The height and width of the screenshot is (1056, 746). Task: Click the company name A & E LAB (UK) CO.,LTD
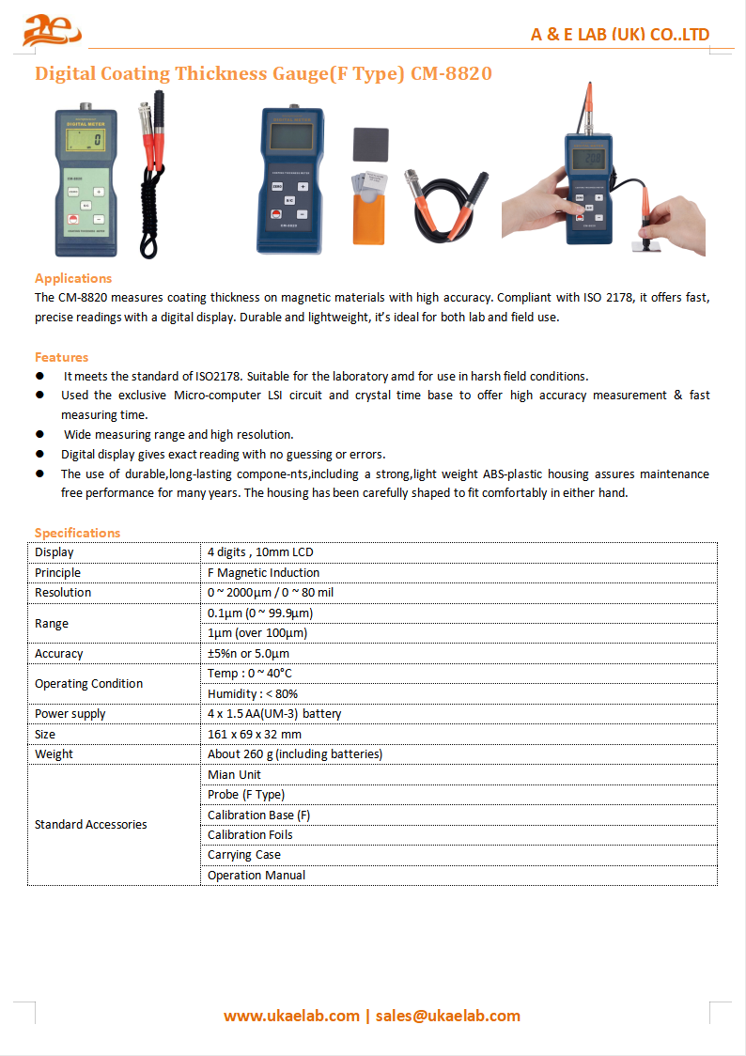click(620, 35)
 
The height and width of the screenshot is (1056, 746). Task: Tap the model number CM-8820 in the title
click(451, 73)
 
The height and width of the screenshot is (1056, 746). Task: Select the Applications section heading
click(73, 278)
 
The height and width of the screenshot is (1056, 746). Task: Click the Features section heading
click(62, 357)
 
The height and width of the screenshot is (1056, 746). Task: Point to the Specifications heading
click(78, 533)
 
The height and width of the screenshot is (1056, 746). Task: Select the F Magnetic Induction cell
click(264, 572)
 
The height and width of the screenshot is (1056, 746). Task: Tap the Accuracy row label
click(59, 653)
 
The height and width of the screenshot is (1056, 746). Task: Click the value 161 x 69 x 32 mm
click(255, 734)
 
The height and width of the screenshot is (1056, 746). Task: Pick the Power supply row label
click(70, 714)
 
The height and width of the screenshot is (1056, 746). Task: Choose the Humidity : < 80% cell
click(253, 693)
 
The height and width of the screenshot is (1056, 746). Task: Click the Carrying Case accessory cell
click(244, 855)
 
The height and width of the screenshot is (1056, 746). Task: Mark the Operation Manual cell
click(256, 875)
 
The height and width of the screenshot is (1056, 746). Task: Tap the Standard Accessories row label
click(91, 824)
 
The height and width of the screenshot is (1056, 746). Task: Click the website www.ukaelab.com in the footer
click(291, 1016)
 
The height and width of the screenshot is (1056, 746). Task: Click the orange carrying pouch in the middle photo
click(369, 218)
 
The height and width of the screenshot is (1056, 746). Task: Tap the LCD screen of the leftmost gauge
click(86, 142)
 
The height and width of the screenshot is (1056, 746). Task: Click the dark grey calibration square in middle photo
click(371, 146)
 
